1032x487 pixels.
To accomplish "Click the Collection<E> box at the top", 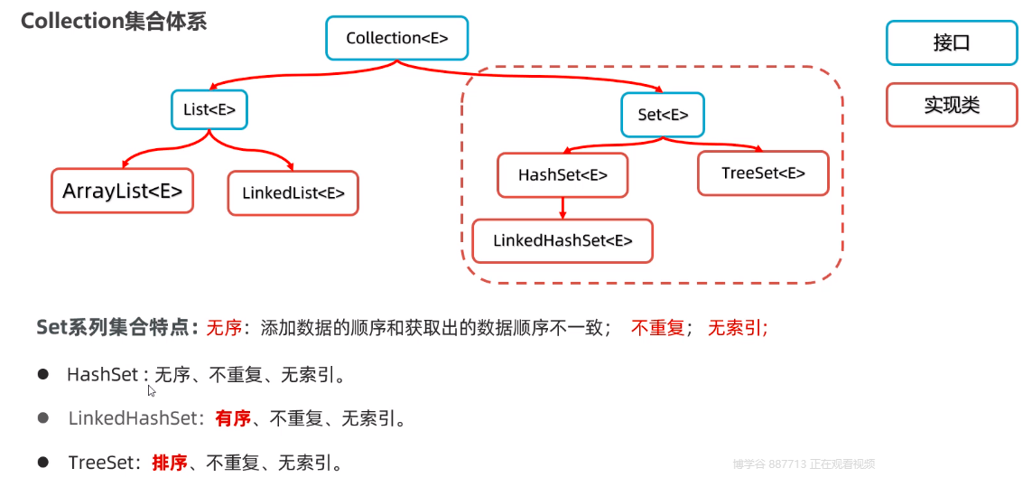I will coord(397,38).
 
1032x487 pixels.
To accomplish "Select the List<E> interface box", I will coord(209,110).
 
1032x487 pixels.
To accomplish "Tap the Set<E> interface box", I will coord(663,115).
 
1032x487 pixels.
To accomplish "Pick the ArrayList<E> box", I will coord(123,191).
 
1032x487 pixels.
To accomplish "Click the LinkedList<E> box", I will coord(293,193).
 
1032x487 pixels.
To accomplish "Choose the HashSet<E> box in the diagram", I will coord(562,175).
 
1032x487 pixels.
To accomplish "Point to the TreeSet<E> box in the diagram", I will coord(763,173).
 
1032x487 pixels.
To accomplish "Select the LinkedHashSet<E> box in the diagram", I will coord(562,240).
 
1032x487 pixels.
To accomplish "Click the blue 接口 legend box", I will coord(951,42).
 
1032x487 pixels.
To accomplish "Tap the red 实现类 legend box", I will coord(951,105).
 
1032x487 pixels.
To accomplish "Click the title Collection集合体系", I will coord(114,21).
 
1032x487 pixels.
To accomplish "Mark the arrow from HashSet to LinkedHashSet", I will coord(562,208).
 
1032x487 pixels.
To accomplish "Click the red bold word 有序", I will coord(232,418).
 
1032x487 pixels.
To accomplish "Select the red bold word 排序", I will coord(170,463).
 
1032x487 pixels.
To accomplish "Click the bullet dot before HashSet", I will coord(42,373).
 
